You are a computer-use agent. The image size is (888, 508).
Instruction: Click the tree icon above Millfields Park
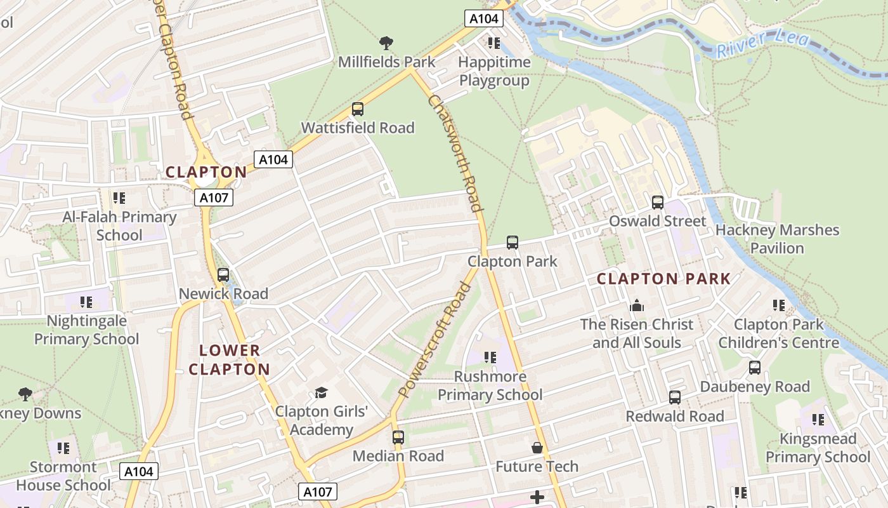coord(386,43)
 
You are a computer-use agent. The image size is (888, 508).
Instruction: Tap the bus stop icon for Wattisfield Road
coord(358,109)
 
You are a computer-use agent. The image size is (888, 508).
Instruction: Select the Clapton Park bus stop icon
coord(513,243)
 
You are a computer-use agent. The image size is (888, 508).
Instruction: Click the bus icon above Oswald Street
coord(658,203)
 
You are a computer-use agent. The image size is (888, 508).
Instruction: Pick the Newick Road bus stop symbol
coord(223,275)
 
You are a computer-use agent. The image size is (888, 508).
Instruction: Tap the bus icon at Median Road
coord(398,438)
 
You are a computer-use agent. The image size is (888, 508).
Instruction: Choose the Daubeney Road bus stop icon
coord(755,368)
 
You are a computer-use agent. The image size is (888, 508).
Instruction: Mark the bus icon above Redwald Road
coord(675,398)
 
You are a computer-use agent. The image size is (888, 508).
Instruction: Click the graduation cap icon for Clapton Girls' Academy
coord(321,392)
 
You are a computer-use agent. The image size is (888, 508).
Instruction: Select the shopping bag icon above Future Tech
coord(537,448)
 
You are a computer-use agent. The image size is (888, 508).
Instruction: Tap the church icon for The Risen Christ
coord(637,305)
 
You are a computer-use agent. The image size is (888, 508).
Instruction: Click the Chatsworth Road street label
coord(455,152)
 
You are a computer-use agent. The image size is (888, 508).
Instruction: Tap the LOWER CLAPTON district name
coord(230,359)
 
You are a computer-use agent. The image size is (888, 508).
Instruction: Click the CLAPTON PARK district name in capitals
coord(663,279)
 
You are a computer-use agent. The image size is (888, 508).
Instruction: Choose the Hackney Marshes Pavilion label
coord(777,239)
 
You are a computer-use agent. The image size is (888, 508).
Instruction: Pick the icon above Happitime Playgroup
coord(493,43)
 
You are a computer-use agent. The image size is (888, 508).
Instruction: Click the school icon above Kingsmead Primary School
coord(818,420)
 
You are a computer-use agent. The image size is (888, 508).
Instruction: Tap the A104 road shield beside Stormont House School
coord(138,471)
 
